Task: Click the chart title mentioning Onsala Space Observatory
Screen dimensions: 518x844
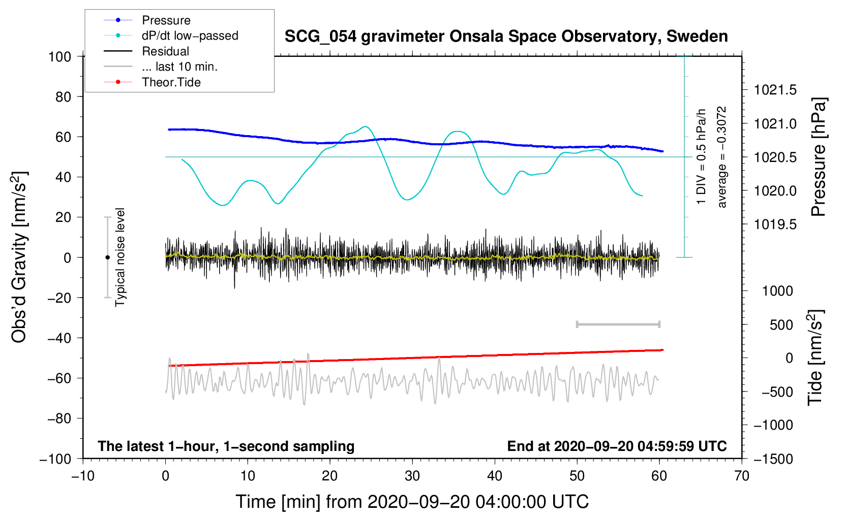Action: click(506, 37)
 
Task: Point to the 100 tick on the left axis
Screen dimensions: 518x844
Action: click(59, 56)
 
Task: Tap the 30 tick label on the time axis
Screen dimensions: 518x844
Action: click(412, 476)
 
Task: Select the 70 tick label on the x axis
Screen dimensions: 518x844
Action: click(742, 476)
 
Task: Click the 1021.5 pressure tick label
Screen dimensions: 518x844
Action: click(775, 90)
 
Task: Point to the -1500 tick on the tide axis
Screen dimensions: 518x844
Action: click(773, 459)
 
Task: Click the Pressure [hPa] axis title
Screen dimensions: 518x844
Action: click(819, 157)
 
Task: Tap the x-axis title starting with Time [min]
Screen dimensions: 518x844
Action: click(412, 502)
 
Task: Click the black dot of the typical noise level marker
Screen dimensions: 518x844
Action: click(107, 257)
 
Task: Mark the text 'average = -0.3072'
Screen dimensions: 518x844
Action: click(722, 157)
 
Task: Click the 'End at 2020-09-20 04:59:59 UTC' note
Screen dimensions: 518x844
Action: click(617, 446)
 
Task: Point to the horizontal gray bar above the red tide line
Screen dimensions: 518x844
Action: click(618, 324)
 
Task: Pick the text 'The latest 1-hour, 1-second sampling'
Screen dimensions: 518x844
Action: click(226, 446)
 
